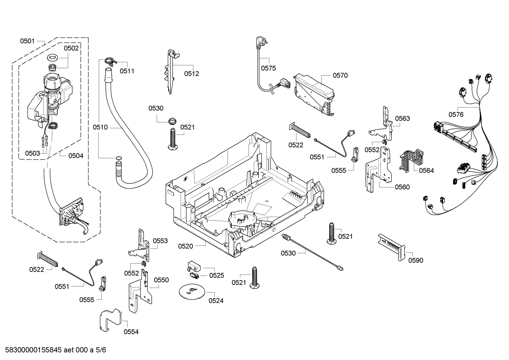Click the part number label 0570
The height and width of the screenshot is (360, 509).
tap(340, 75)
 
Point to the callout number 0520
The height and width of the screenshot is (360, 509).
tap(185, 246)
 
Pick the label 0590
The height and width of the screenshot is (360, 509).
tap(415, 260)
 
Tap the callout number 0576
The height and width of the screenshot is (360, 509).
tap(456, 114)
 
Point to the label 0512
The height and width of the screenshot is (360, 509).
tap(191, 73)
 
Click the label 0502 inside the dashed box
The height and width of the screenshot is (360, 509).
tap(71, 48)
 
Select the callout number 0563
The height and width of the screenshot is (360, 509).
tap(402, 118)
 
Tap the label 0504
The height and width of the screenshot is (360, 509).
tap(76, 155)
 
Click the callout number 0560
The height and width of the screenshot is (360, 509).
tap(402, 187)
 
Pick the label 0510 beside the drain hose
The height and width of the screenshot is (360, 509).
tap(100, 127)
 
